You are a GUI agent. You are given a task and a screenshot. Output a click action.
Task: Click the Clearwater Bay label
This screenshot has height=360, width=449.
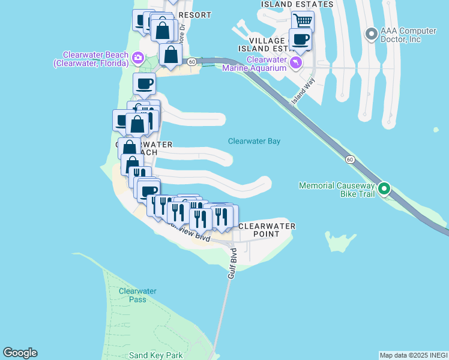pyautogui.click(x=254, y=142)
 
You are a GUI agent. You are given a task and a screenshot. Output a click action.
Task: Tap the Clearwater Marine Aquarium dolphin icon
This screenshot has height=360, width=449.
pyautogui.click(x=295, y=63)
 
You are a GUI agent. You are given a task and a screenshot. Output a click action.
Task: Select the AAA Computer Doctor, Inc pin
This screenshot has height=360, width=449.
pyautogui.click(x=371, y=33)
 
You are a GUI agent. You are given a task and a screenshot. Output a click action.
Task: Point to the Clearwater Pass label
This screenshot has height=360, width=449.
pyautogui.click(x=137, y=295)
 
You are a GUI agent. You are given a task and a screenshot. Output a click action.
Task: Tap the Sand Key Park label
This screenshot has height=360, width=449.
pyautogui.click(x=155, y=355)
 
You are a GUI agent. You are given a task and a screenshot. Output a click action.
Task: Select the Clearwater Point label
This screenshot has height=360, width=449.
pyautogui.click(x=267, y=230)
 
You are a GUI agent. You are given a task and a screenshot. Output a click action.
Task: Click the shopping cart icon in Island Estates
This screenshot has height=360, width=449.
pyautogui.click(x=303, y=21)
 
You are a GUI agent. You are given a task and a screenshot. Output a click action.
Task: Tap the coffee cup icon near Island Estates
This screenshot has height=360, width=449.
pyautogui.click(x=300, y=40)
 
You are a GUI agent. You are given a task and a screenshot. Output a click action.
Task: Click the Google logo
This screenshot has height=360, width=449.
pyautogui.click(x=20, y=353)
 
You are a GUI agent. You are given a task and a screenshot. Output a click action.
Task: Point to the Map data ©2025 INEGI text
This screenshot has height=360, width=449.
pyautogui.click(x=413, y=355)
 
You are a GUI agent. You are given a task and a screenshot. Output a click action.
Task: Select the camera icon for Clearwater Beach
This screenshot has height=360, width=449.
pyautogui.click(x=138, y=58)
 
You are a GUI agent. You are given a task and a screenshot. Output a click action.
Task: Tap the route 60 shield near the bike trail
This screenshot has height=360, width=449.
pyautogui.click(x=349, y=159)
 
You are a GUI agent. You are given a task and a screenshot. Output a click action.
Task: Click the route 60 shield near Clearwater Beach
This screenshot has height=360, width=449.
pyautogui.click(x=191, y=62)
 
